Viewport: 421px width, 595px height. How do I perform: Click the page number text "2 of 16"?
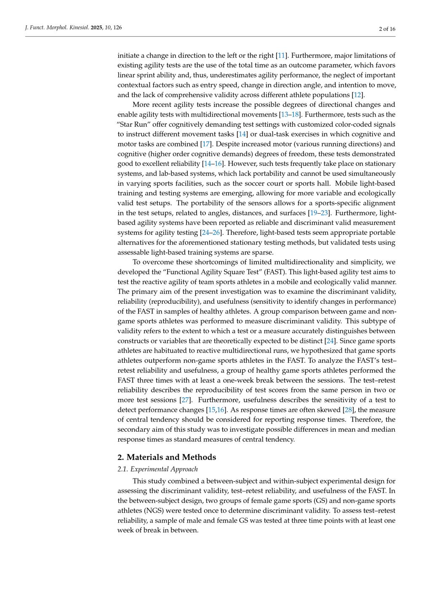(387, 29)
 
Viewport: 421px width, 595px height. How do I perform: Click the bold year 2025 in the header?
(97, 28)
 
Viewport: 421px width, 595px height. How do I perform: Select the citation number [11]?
(281, 56)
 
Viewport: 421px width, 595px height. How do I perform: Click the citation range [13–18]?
(290, 114)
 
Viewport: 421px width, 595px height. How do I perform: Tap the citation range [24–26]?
(211, 233)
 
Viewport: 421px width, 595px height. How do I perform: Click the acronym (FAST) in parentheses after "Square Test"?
(274, 272)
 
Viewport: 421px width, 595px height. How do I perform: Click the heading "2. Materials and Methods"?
(167, 457)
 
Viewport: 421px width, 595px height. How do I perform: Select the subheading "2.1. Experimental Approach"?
(157, 469)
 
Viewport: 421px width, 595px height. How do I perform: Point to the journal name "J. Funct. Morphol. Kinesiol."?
(57, 28)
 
